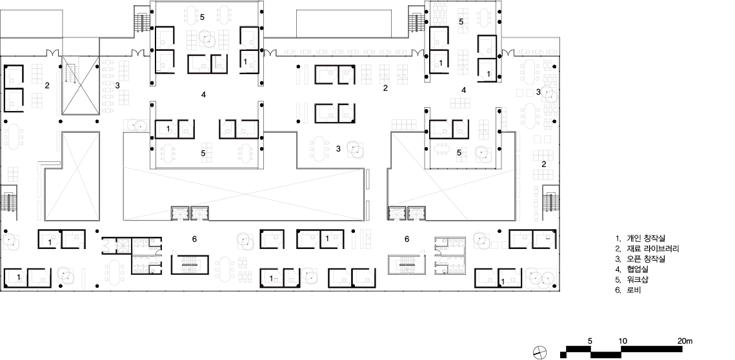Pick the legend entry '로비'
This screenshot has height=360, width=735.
pos(634,290)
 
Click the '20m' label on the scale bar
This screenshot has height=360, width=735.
pos(685,341)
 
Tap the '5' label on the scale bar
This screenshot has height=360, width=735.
pos(590,341)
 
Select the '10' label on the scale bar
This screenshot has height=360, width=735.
pos(623,341)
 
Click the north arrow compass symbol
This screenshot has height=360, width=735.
pos(540,352)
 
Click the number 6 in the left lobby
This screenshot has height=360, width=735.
pos(194,239)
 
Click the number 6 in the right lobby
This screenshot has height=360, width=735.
pos(407,239)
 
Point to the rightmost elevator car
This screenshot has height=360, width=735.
pos(416,214)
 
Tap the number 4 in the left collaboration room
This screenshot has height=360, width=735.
pos(203,95)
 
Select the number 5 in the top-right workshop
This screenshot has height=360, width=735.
pos(461,21)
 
